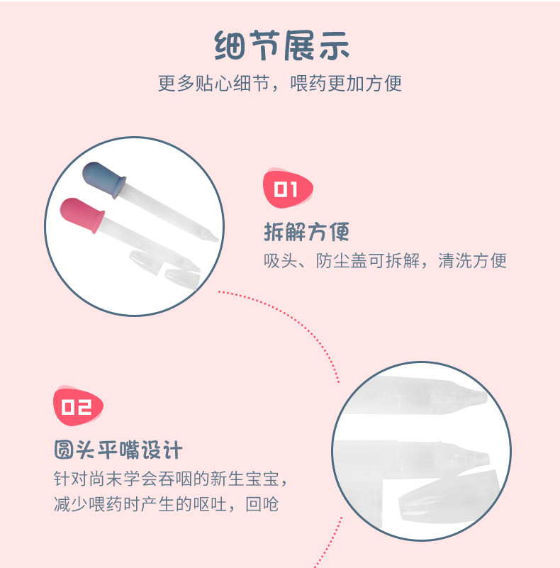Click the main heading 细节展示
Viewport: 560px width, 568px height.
[x=281, y=48]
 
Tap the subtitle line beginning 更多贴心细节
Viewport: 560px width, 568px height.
[x=279, y=83]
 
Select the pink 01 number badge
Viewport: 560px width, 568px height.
[x=287, y=189]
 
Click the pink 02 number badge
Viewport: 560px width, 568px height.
[x=78, y=406]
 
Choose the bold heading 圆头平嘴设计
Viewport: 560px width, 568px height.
[x=118, y=450]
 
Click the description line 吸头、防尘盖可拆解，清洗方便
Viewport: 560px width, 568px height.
[x=385, y=260]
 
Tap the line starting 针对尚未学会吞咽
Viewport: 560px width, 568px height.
[x=172, y=478]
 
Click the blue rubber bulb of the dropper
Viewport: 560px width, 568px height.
[x=101, y=178]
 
